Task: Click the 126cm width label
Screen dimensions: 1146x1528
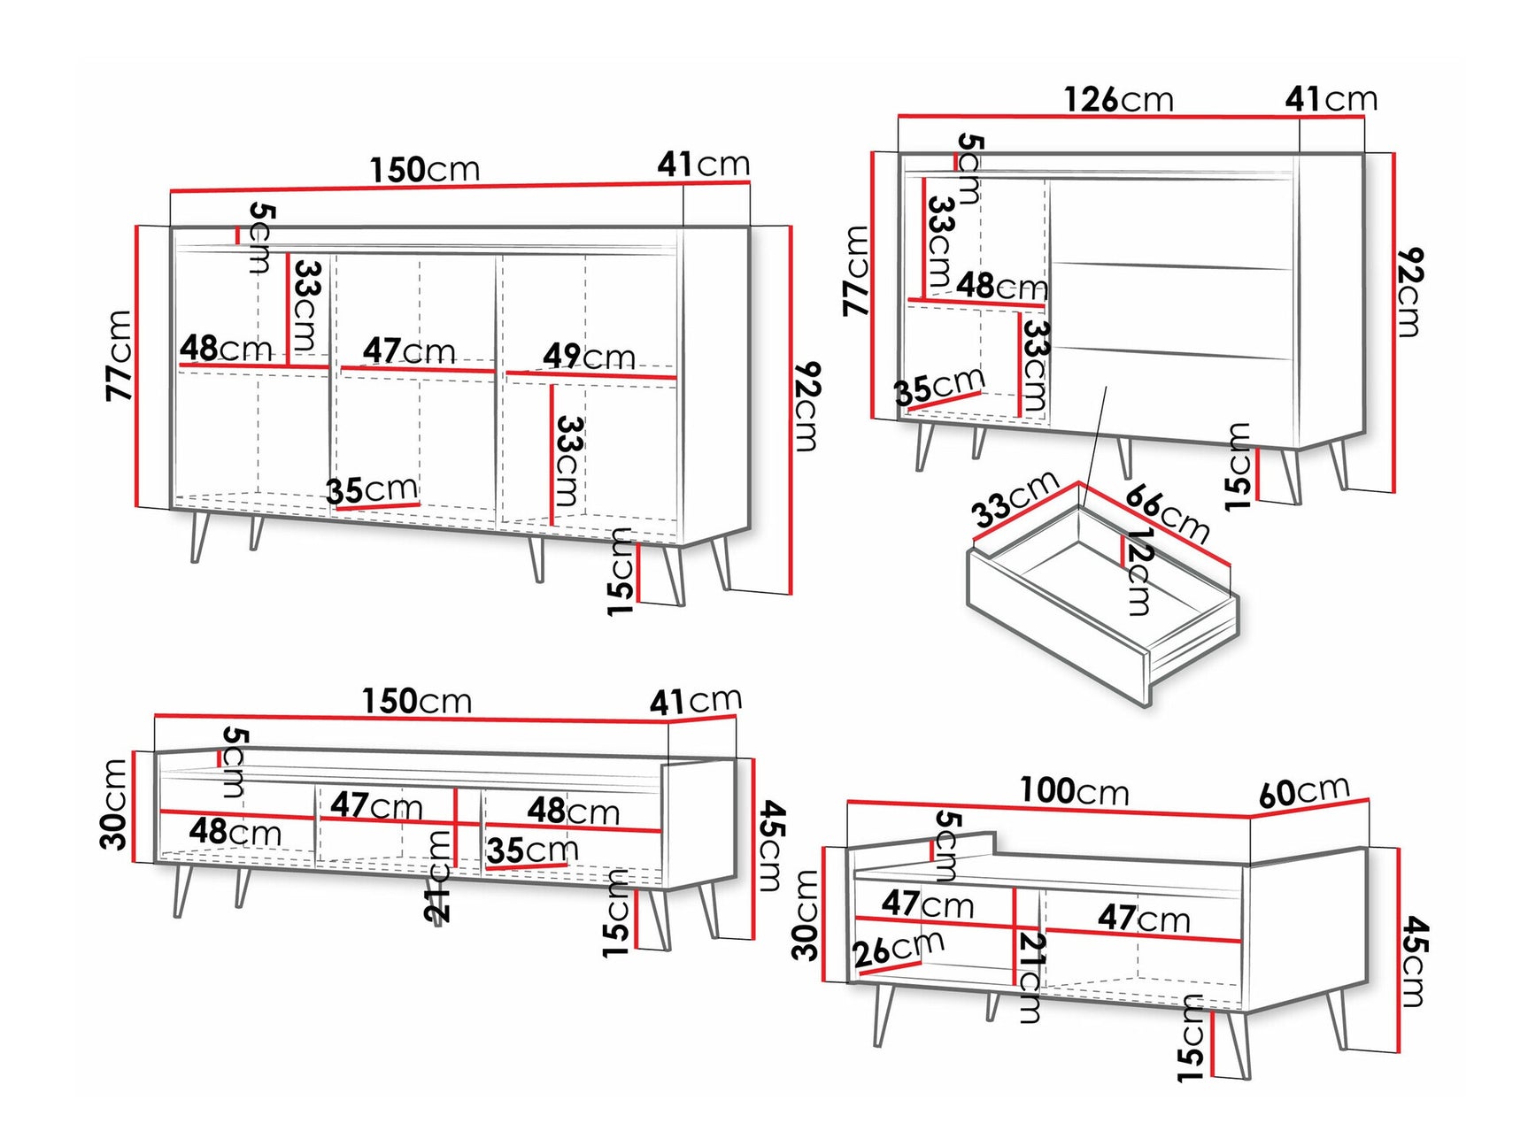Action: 1118,99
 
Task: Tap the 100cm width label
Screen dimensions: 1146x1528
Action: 1074,790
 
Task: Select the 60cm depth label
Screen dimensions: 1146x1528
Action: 1304,792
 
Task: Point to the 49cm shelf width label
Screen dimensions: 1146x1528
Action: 589,357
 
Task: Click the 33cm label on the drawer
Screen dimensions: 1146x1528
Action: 1015,499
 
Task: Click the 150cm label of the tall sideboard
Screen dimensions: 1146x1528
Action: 424,169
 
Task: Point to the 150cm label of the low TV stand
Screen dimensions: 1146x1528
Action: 416,702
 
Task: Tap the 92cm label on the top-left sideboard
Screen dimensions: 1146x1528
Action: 806,406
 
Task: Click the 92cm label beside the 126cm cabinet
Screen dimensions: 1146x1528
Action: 1408,293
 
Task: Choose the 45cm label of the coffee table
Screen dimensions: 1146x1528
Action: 1414,962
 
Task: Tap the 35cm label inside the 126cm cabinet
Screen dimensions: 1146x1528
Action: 938,386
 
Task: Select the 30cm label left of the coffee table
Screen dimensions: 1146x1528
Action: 806,915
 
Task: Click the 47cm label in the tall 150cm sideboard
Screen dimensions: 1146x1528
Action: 408,351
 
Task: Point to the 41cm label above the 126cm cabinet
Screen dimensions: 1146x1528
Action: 1331,98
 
